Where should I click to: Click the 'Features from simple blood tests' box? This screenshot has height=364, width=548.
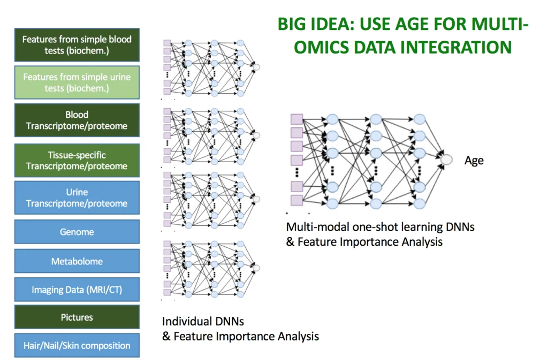click(x=77, y=44)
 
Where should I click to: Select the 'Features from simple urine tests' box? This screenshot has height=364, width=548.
click(x=77, y=82)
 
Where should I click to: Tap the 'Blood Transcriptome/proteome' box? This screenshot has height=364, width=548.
click(x=77, y=120)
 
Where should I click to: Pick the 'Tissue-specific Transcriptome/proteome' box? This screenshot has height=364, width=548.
click(x=77, y=161)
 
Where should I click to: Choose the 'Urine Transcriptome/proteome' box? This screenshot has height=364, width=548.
click(x=77, y=198)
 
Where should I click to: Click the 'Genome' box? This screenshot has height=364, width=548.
click(x=77, y=232)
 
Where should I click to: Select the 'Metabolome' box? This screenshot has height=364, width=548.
click(x=77, y=261)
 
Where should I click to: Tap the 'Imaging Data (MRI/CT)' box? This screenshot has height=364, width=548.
click(x=77, y=290)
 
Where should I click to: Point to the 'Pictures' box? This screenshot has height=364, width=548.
click(x=77, y=317)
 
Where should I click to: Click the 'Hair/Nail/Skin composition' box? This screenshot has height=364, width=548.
click(x=77, y=345)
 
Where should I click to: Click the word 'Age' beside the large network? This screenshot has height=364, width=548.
click(x=474, y=161)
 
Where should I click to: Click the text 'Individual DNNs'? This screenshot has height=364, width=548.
click(x=203, y=322)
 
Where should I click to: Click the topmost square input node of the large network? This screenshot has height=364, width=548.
click(x=296, y=119)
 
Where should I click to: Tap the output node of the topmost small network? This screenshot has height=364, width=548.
click(x=256, y=67)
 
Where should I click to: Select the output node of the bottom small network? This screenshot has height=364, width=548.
click(x=256, y=268)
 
